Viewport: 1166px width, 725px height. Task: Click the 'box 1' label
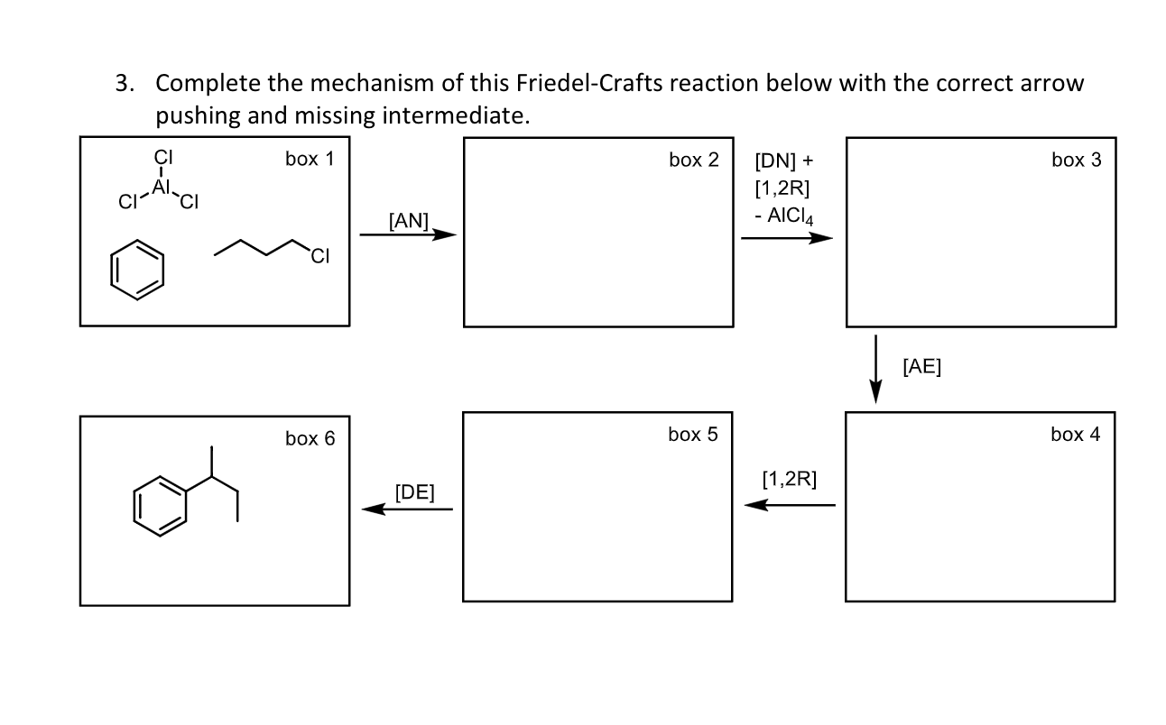[x=310, y=160]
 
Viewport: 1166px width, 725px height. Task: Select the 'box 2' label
[x=693, y=161]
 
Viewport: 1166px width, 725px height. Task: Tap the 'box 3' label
[x=1076, y=161]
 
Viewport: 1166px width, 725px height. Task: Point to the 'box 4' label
[x=1075, y=435]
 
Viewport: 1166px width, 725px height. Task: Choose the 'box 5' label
[x=692, y=435]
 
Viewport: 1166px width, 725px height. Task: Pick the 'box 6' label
[x=310, y=439]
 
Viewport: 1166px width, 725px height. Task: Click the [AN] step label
[x=408, y=221]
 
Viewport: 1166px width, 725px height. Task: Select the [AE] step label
[x=921, y=365]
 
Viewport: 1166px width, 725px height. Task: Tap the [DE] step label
[x=414, y=492]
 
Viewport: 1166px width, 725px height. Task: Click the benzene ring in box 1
[x=137, y=270]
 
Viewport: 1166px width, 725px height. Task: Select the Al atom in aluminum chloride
[x=162, y=187]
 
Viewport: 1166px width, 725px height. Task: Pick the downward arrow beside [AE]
[x=875, y=370]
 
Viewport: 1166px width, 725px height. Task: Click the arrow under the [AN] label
[x=408, y=235]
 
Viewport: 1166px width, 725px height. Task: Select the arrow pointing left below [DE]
[x=408, y=509]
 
